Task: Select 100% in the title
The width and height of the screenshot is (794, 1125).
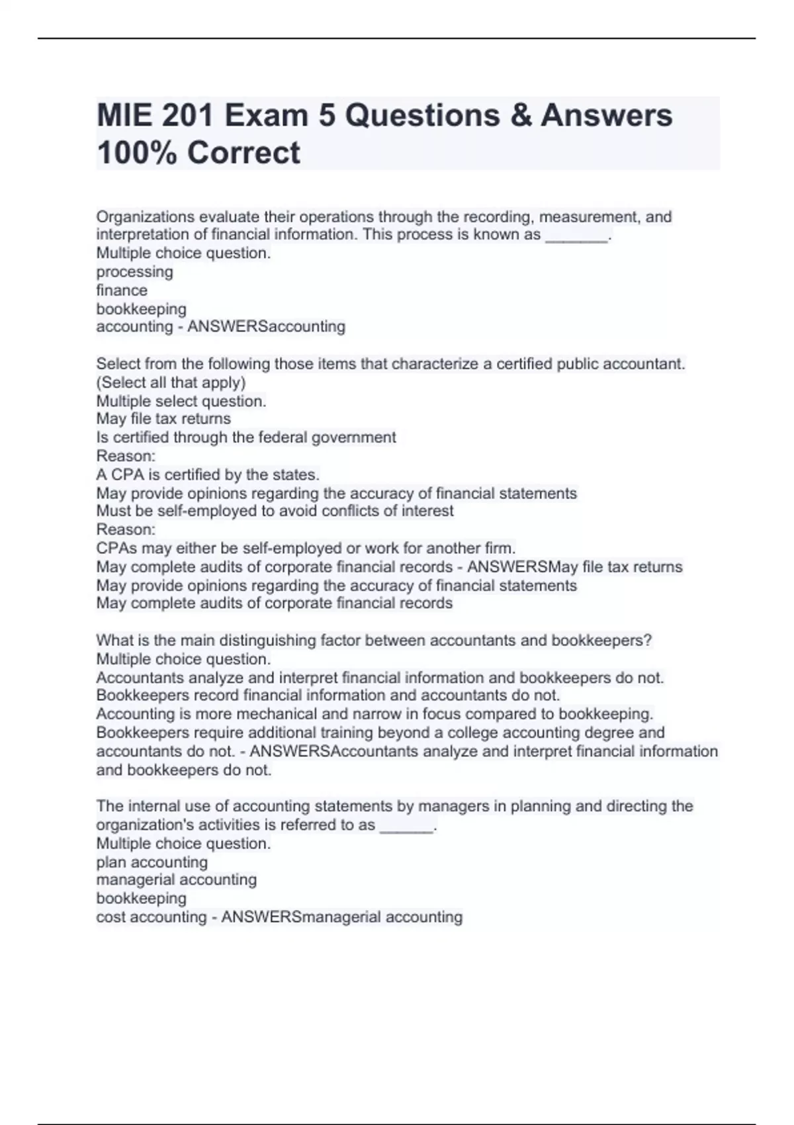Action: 136,153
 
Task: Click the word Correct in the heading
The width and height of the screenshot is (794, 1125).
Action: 243,153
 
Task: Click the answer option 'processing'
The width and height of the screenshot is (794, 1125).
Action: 135,272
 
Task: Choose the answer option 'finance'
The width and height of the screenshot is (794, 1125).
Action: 122,291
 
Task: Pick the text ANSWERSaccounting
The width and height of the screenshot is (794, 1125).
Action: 266,327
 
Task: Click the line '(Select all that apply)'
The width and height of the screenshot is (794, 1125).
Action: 171,382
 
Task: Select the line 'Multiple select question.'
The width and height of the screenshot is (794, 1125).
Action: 181,401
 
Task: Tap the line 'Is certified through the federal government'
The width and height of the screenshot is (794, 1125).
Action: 246,437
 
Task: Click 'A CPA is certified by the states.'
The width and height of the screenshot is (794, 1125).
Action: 208,474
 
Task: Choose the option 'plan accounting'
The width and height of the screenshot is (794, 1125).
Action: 152,862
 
